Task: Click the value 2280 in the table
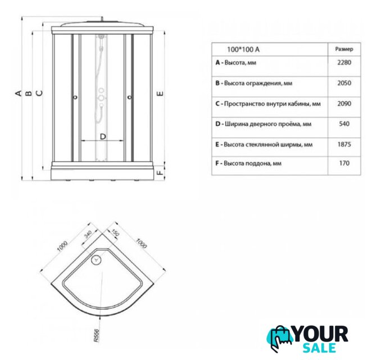tap(344, 62)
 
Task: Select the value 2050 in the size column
tap(344, 83)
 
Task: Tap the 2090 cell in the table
tap(344, 103)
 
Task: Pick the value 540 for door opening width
tap(344, 124)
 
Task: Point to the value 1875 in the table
tap(344, 145)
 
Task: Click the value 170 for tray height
tap(344, 163)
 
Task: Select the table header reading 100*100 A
tap(243, 49)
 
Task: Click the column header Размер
tap(344, 49)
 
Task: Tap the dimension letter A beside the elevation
tap(19, 93)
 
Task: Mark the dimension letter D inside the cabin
tap(103, 137)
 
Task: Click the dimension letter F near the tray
tap(160, 173)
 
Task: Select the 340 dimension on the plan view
tap(88, 234)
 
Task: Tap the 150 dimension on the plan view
tap(116, 232)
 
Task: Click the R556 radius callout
tap(96, 335)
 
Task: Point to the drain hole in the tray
tap(97, 260)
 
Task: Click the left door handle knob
tap(75, 97)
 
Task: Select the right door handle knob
tap(130, 97)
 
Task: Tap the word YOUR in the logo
tap(320, 334)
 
